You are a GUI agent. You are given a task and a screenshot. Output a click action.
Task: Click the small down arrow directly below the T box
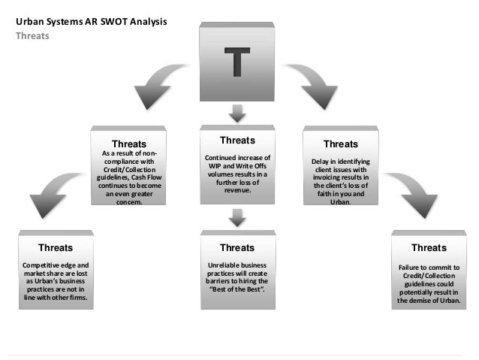[x=238, y=113]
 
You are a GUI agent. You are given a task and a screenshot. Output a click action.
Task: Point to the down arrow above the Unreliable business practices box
[x=238, y=217]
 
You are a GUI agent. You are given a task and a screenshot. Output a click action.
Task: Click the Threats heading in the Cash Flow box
[x=129, y=144]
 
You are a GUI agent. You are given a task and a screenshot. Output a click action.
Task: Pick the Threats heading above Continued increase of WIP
[x=238, y=141]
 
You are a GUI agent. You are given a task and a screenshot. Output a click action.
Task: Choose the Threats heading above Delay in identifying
[x=340, y=144]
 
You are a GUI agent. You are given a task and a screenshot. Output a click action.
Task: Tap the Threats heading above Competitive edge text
[x=56, y=247]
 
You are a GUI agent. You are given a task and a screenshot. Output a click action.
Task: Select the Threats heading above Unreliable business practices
[x=237, y=247]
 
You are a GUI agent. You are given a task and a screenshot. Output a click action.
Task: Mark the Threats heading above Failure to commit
[x=429, y=247]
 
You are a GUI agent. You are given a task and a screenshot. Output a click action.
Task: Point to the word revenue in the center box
[x=236, y=191]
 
